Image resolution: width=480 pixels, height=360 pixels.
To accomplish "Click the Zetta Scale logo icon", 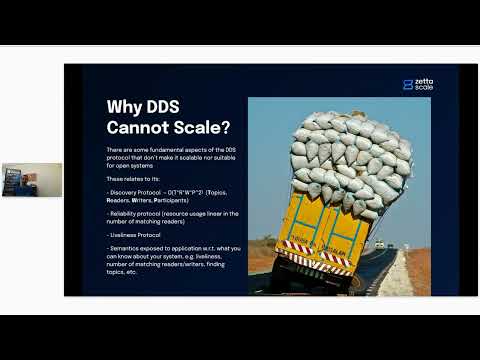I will point(406,85).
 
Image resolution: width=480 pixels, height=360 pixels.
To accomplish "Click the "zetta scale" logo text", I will point(425,85).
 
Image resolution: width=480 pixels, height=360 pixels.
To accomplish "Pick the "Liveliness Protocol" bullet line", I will point(136,236).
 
